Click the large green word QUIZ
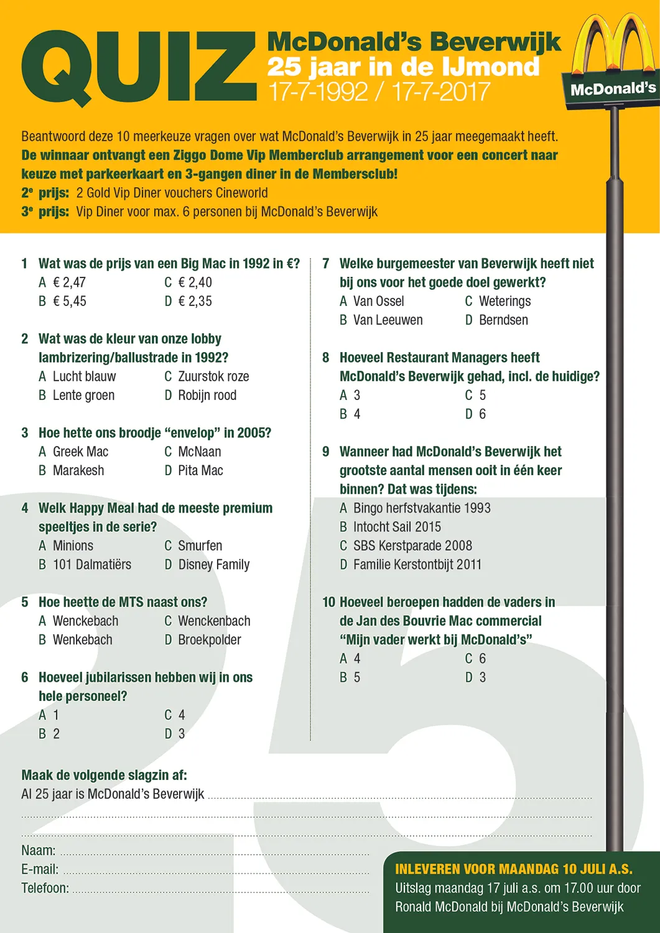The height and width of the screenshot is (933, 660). [x=138, y=67]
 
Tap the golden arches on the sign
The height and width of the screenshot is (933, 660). [x=613, y=44]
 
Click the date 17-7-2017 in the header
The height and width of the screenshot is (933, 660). [x=441, y=92]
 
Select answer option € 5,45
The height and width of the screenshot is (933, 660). [x=69, y=302]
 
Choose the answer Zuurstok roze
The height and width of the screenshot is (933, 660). [x=213, y=377]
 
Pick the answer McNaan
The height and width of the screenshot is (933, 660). [x=199, y=452]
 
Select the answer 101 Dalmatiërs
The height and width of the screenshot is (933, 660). [x=91, y=565]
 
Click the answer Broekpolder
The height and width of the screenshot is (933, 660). [x=209, y=640]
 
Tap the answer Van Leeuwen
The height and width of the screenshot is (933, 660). [x=388, y=320]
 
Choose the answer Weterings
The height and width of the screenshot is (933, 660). [x=504, y=302]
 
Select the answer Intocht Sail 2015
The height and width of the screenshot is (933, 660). [x=397, y=527]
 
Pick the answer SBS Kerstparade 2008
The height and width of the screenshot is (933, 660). [x=412, y=546]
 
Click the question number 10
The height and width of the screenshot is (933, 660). [x=328, y=603]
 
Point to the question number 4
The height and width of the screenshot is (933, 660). [x=25, y=509]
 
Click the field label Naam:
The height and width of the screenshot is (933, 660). [x=39, y=851]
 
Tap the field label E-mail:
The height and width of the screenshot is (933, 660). [x=40, y=870]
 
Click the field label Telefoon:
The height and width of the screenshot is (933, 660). [x=45, y=888]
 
